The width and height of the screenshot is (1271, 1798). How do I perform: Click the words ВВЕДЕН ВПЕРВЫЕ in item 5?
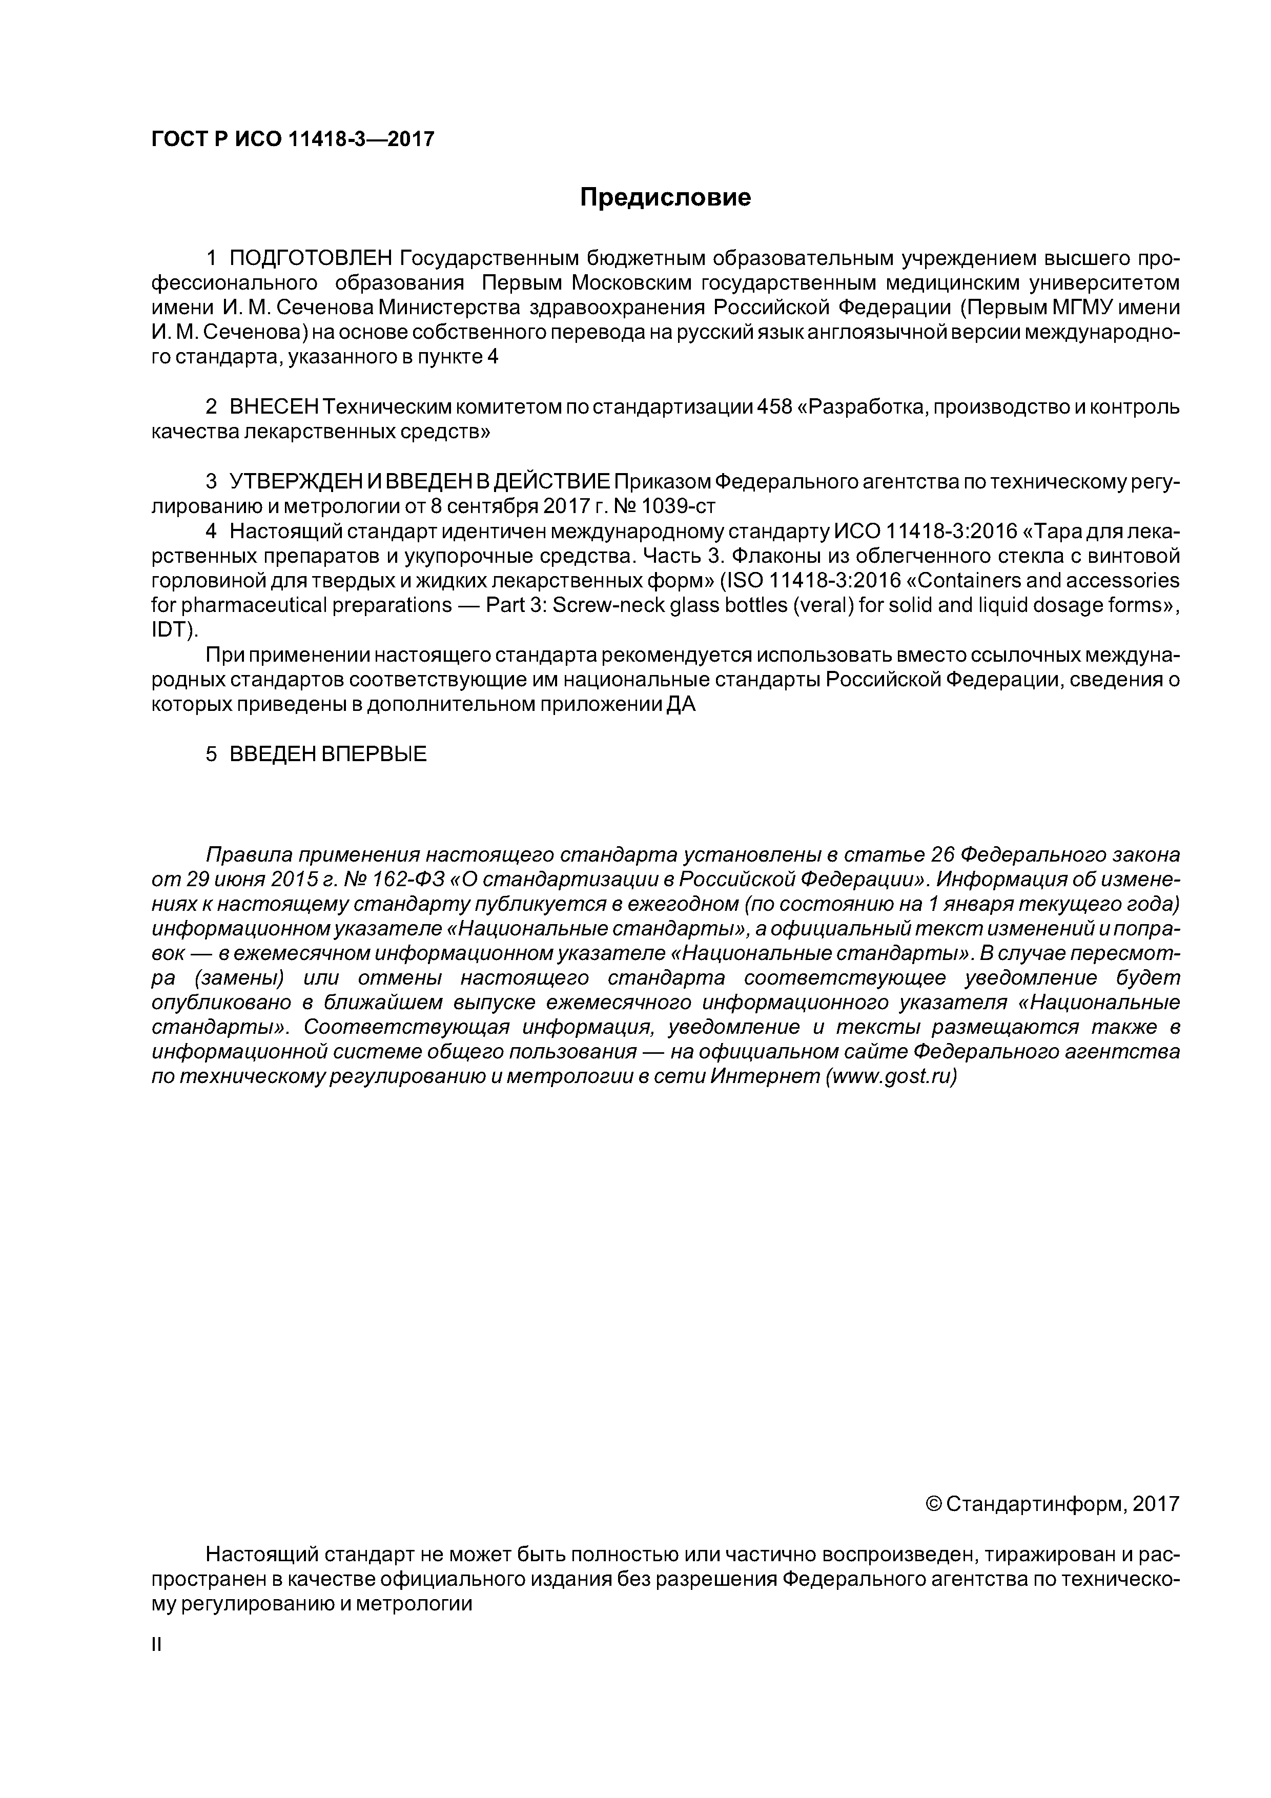328,754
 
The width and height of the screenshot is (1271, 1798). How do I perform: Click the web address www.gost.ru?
890,1076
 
